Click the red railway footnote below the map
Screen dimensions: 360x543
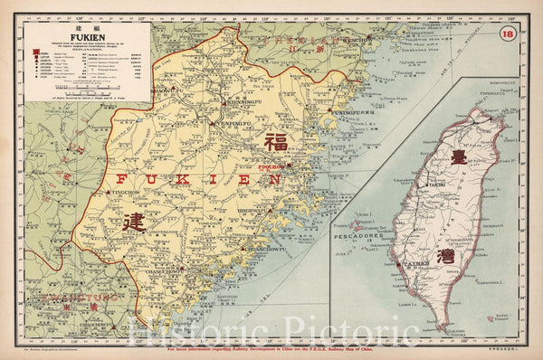pos(271,347)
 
